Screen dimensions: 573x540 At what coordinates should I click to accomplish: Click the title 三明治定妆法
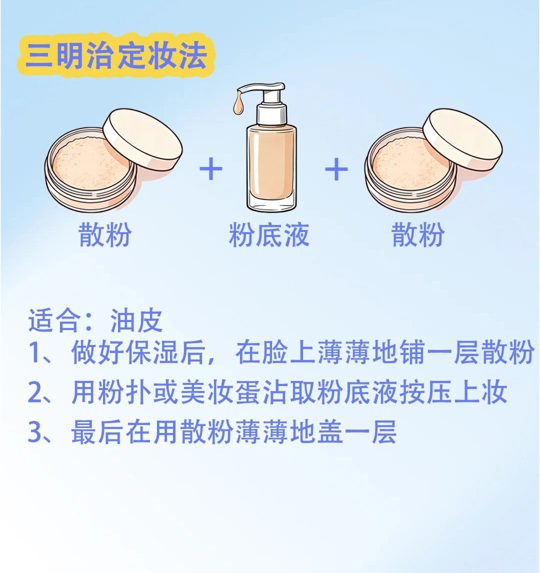(116, 56)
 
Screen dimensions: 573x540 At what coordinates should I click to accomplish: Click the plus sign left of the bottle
(211, 169)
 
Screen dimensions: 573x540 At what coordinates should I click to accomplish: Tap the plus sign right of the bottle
(336, 169)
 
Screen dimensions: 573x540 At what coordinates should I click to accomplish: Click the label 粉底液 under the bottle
(269, 234)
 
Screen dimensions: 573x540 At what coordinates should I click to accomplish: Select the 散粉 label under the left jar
(105, 234)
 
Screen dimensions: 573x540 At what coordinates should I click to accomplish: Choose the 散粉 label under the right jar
(418, 234)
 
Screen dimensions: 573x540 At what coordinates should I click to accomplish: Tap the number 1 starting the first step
(35, 353)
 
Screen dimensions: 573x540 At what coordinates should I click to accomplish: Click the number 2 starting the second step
(36, 393)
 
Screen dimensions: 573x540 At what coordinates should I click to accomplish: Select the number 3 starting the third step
(36, 432)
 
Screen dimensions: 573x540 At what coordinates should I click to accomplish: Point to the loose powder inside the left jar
(90, 162)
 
